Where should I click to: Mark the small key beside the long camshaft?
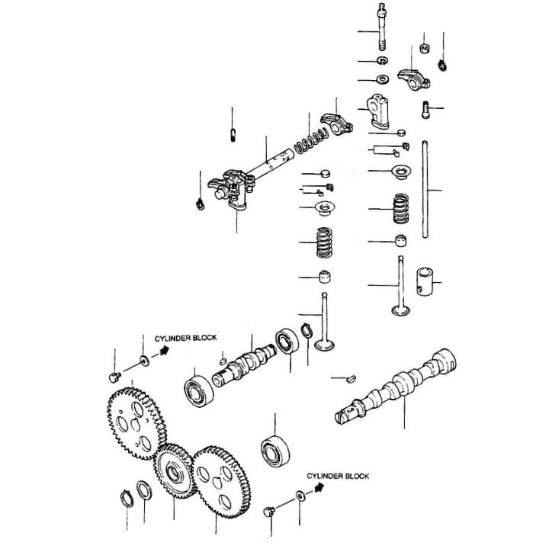pos(348,376)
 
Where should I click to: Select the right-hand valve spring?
pos(400,208)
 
